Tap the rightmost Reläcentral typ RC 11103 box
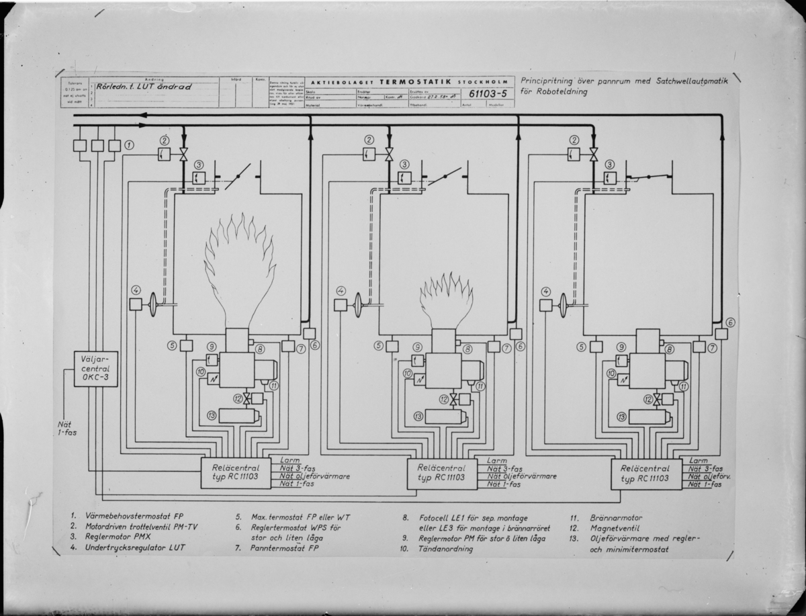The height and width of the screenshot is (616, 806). [644, 474]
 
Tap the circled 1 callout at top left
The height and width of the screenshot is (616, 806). [129, 145]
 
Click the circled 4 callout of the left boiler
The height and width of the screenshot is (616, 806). [135, 290]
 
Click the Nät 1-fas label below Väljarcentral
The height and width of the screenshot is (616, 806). [66, 428]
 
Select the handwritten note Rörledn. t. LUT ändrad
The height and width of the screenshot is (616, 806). [144, 87]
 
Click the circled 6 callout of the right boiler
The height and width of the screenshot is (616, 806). [730, 322]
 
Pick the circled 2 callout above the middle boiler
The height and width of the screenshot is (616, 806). [369, 140]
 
